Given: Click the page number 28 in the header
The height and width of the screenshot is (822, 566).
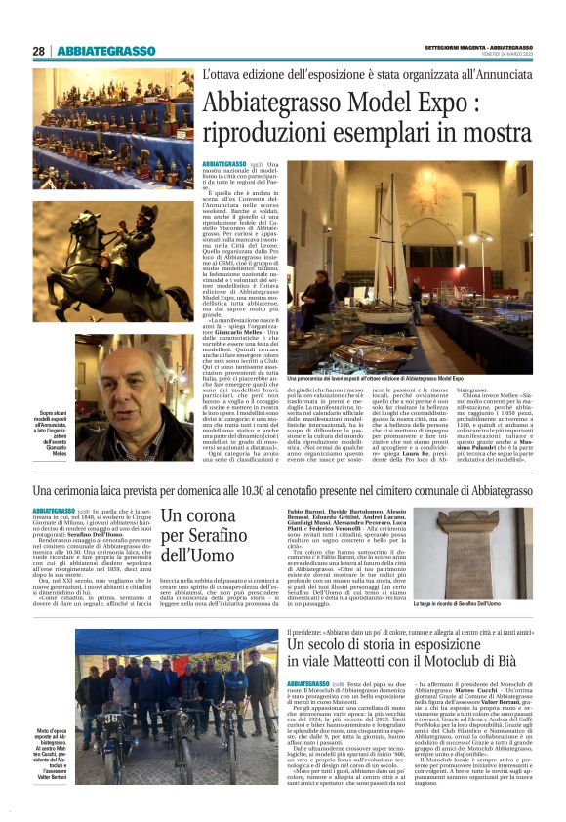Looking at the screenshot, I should [39, 51].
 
